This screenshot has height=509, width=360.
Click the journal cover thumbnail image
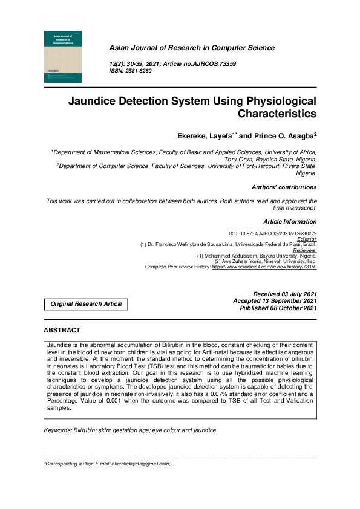point(64,57)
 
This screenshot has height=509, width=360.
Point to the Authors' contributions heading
point(284,187)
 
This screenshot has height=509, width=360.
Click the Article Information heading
point(290,222)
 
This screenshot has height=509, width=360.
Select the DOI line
point(272,233)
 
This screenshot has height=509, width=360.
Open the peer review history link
point(264,266)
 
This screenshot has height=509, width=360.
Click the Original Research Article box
point(86,304)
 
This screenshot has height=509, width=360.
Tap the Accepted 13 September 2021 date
point(275,301)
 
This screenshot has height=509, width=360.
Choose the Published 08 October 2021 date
point(278,308)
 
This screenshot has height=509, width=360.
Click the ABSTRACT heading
point(62,331)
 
